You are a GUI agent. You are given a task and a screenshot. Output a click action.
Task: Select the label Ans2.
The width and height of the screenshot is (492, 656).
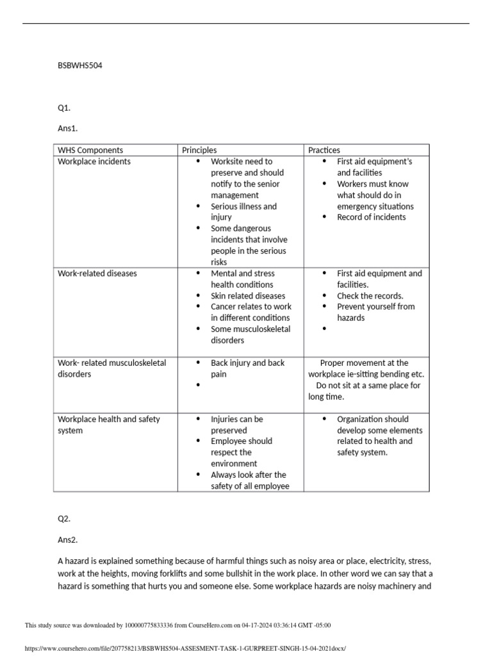(67, 540)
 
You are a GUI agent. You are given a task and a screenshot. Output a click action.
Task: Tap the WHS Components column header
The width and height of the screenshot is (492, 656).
(90, 150)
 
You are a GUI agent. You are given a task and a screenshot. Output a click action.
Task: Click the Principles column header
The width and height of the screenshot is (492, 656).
(199, 150)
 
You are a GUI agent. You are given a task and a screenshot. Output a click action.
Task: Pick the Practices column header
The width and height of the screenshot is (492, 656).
(324, 150)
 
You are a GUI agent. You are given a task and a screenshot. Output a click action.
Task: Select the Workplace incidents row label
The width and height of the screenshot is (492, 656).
(94, 161)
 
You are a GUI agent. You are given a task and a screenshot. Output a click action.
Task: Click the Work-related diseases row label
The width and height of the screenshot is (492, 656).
(97, 274)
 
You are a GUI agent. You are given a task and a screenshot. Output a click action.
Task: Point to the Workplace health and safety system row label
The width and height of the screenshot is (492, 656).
(109, 425)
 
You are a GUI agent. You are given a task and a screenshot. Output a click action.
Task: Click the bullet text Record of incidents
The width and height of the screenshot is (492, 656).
(371, 217)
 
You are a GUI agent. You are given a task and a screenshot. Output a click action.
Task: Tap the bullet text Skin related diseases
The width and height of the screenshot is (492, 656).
(248, 296)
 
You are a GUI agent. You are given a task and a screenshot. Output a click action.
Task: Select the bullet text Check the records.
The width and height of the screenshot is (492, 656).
(370, 296)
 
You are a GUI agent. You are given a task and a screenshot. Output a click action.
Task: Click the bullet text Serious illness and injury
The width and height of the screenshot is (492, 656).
(243, 211)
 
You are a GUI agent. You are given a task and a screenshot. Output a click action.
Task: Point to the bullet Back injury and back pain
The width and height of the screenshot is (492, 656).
(247, 368)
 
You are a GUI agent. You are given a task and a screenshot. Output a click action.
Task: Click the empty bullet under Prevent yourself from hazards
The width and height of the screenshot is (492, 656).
(325, 329)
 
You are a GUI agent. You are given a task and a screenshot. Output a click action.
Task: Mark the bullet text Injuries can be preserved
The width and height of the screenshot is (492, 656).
(237, 425)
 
